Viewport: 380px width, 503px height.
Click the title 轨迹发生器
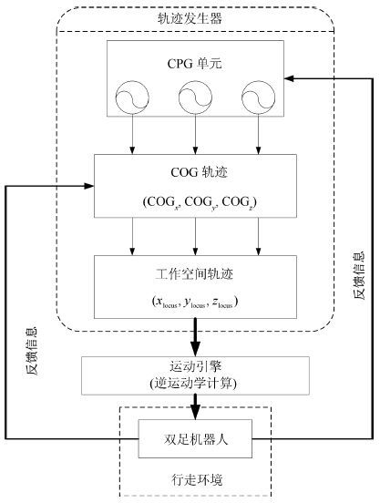[x=190, y=18]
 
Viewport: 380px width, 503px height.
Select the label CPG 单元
[x=194, y=63]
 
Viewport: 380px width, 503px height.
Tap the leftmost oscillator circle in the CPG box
[x=132, y=98]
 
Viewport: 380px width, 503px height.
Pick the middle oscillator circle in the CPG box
[x=195, y=98]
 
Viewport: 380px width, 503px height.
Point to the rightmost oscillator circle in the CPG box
[x=258, y=98]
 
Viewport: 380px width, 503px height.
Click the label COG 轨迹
[x=200, y=172]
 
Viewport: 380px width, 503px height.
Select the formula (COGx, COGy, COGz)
[x=200, y=202]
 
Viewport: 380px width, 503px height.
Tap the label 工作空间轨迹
[x=194, y=273]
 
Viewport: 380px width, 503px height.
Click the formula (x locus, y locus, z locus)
[x=195, y=302]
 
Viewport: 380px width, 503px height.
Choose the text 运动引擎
[x=196, y=366]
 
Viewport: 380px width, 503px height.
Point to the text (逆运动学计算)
[x=193, y=383]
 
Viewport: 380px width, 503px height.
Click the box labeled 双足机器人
[x=195, y=438]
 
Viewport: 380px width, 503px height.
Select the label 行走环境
[x=197, y=479]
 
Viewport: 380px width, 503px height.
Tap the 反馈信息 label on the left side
[x=31, y=351]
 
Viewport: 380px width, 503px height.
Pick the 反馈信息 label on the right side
[x=359, y=275]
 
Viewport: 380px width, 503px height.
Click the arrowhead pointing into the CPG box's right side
[x=289, y=78]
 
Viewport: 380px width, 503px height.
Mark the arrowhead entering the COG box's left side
[x=88, y=186]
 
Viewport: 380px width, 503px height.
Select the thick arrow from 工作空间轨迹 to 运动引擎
[x=195, y=337]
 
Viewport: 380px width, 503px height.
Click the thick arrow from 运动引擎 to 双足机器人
[x=195, y=406]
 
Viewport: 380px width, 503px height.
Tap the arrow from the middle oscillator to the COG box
[x=195, y=135]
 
